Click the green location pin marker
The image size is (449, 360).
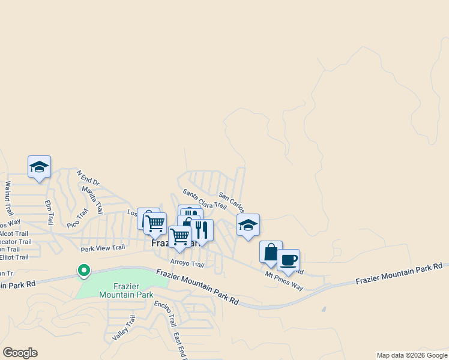pos(84,271)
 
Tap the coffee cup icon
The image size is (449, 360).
pos(288,260)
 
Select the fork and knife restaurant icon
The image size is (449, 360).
pos(202,230)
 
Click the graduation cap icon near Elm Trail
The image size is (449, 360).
pos(39,167)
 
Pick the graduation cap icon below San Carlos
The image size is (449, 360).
pos(248,225)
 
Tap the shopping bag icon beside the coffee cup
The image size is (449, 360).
pos(270,252)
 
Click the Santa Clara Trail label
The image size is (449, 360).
pos(205,199)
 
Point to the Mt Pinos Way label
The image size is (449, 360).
pos(284,280)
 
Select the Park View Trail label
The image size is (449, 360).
pos(103,247)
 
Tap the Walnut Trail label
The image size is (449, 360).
pos(8,199)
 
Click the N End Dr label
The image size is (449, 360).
pos(88,178)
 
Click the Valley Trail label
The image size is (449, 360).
pos(122,328)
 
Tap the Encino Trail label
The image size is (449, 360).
pos(164,312)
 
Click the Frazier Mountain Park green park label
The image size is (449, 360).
pos(125,290)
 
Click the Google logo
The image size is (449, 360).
pos(20,353)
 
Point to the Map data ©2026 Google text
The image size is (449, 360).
pos(412,355)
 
